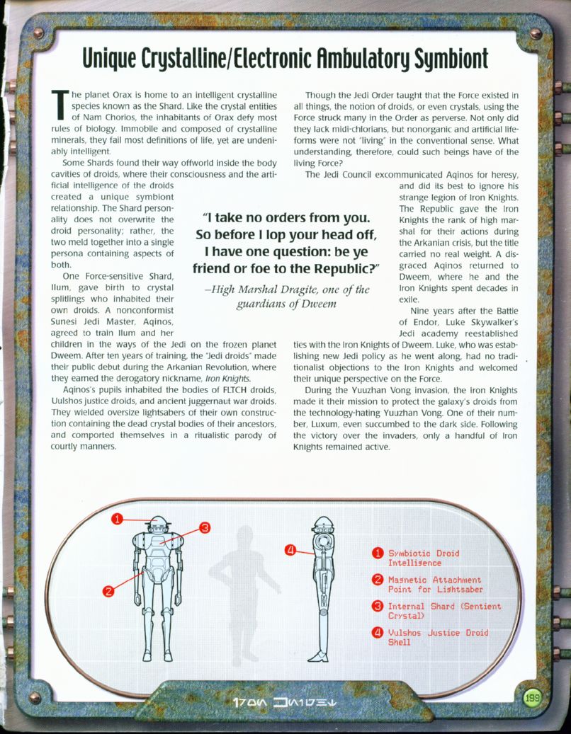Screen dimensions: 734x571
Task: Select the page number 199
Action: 533,699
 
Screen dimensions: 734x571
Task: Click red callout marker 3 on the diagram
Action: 205,527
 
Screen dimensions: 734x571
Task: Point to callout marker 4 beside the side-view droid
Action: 290,549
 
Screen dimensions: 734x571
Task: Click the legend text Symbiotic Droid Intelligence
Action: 423,558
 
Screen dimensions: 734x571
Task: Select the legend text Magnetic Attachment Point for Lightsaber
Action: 435,584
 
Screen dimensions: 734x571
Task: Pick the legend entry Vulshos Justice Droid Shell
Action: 438,637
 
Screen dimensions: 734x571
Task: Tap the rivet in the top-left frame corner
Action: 38,33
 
